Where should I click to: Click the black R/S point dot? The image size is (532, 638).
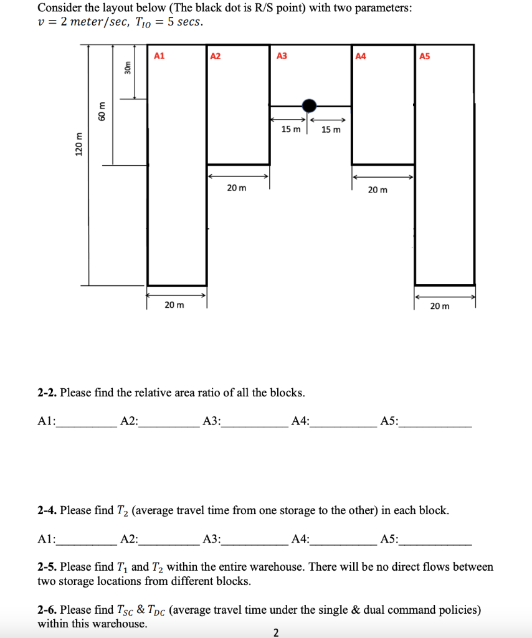[x=309, y=105]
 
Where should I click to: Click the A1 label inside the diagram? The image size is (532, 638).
[x=159, y=56]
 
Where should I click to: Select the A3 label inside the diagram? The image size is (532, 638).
[x=282, y=56]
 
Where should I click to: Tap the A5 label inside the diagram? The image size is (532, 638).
[x=425, y=56]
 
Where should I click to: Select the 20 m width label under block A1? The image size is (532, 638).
[x=174, y=305]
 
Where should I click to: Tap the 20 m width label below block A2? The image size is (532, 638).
[x=236, y=188]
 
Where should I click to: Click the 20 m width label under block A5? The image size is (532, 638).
[x=439, y=305]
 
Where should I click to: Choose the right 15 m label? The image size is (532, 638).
[x=331, y=130]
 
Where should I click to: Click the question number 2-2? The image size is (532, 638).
[x=47, y=393]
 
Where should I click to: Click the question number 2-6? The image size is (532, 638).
[x=47, y=610]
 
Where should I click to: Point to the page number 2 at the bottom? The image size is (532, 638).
[x=277, y=632]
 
